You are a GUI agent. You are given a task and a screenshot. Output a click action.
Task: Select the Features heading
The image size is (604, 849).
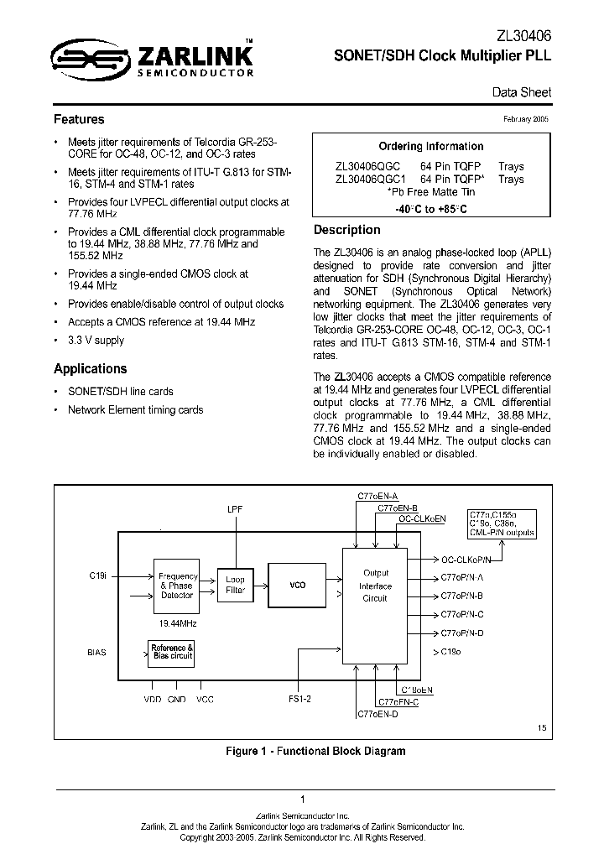coord(79,120)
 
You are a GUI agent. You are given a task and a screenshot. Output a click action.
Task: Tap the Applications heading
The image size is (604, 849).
coord(91,369)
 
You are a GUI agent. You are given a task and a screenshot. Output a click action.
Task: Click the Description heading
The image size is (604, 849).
coord(346,230)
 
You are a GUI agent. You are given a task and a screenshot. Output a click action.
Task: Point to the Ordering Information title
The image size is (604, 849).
coord(430,146)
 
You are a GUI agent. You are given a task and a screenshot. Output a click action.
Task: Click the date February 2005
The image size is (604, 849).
coord(526,120)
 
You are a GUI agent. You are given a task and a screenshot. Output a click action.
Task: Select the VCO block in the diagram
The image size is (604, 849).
coord(297,585)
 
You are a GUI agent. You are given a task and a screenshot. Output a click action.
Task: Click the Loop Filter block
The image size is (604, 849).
coord(236,585)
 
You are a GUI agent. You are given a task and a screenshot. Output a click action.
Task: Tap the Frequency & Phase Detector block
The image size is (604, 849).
coord(176,585)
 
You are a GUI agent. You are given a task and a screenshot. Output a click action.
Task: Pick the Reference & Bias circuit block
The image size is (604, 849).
coord(171,654)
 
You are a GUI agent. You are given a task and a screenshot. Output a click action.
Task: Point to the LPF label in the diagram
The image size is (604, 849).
coord(234,509)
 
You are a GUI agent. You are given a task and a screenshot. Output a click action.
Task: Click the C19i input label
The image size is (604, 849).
coord(98,576)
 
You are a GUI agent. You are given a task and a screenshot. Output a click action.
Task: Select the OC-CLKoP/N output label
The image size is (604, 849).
coord(471,558)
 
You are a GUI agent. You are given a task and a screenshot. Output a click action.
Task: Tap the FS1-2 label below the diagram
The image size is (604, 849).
coord(299,700)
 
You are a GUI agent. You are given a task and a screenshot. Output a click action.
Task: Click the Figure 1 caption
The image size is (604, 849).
coord(315,751)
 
